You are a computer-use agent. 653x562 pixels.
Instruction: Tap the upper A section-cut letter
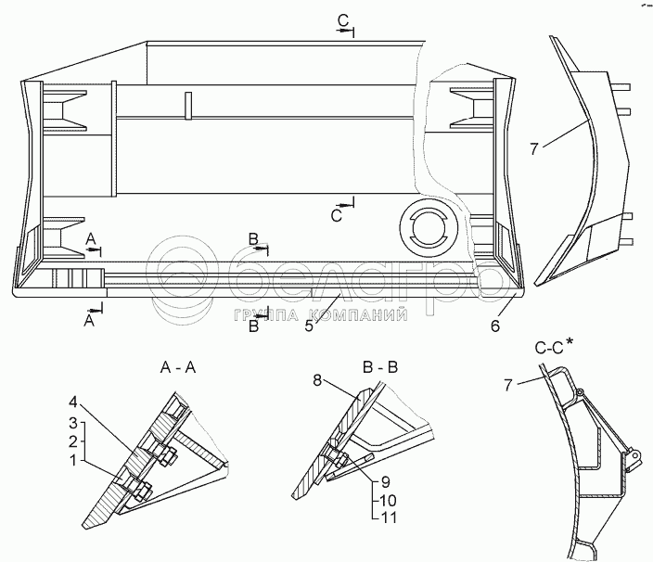point(91,239)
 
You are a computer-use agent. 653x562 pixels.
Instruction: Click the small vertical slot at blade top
point(186,105)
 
